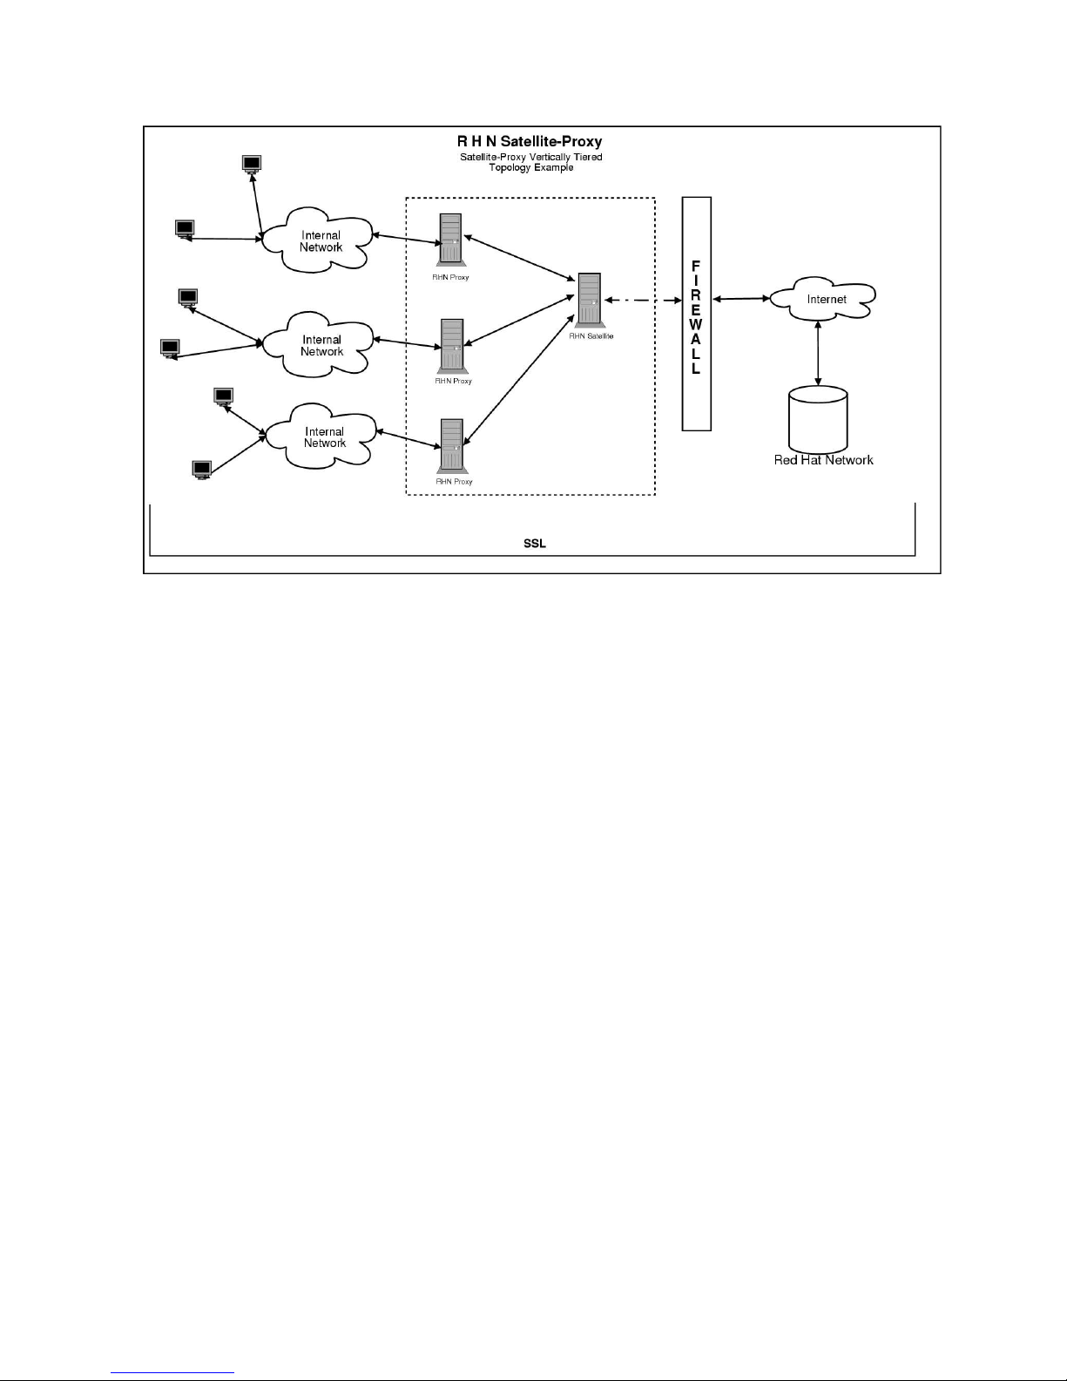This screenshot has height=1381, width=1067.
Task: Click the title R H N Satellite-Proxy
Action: pos(530,141)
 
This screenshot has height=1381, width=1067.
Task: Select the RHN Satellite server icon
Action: pos(590,300)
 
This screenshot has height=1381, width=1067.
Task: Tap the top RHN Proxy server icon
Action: pos(450,239)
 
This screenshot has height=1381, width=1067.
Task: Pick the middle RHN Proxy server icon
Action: pos(452,345)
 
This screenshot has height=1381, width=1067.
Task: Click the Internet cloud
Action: pos(821,299)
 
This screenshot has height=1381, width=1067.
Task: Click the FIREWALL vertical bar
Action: pos(696,314)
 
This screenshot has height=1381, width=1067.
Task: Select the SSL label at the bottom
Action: pos(534,544)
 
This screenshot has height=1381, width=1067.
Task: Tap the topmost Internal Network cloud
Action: pos(320,240)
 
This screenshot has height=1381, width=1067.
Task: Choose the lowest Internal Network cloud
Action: pos(323,437)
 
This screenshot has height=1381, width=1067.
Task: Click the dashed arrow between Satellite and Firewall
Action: pos(643,301)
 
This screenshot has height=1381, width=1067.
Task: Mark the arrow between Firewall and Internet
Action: pos(739,299)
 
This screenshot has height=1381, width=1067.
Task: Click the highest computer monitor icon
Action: pos(252,164)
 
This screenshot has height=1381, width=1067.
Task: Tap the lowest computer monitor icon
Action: pos(202,470)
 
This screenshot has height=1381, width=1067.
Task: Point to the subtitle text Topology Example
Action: pos(530,167)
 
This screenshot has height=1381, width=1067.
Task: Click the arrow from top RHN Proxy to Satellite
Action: pos(520,258)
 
